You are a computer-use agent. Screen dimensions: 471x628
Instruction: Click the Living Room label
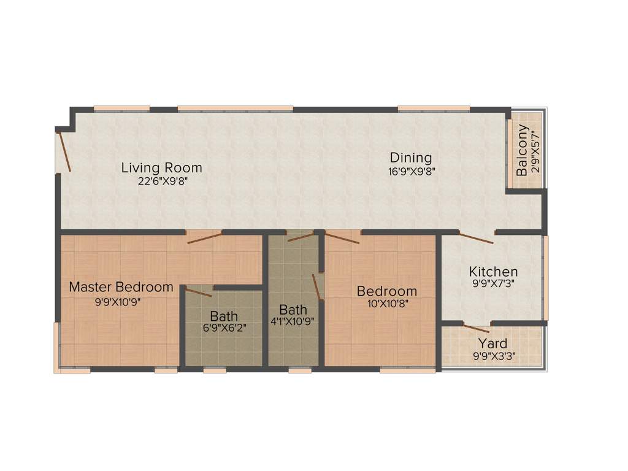click(161, 167)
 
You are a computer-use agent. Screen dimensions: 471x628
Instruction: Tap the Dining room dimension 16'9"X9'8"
click(412, 172)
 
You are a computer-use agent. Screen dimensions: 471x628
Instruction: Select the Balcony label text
click(522, 150)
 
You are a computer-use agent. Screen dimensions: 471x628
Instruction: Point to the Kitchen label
click(493, 271)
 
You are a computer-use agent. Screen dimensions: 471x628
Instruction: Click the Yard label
click(492, 343)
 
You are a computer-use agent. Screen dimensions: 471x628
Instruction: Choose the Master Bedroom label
click(121, 286)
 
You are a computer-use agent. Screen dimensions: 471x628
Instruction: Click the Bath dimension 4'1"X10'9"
click(293, 322)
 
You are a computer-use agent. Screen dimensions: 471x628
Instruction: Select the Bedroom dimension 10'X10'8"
click(387, 303)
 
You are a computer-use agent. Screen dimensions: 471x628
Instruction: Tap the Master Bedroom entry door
click(204, 237)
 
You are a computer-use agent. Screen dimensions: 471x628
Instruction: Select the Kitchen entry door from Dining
click(477, 238)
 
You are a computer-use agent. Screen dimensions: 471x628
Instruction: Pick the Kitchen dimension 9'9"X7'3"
click(493, 284)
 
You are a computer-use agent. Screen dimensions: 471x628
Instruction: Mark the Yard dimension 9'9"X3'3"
click(492, 355)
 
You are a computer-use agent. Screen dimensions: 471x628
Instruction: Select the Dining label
click(411, 158)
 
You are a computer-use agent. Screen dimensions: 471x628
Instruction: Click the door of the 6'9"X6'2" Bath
click(199, 291)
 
